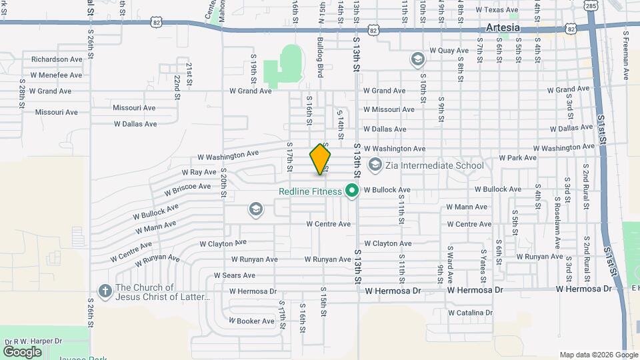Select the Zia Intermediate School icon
(375, 164)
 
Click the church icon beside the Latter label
(105, 291)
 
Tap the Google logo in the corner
(23, 351)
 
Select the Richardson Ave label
(57, 59)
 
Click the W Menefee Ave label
(56, 75)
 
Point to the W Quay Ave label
(449, 50)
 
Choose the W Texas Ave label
(497, 10)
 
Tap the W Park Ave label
(517, 158)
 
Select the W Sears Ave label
(235, 275)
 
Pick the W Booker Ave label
(251, 321)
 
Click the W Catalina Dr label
(470, 312)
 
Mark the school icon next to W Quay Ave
(418, 60)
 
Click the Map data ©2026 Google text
(599, 355)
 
